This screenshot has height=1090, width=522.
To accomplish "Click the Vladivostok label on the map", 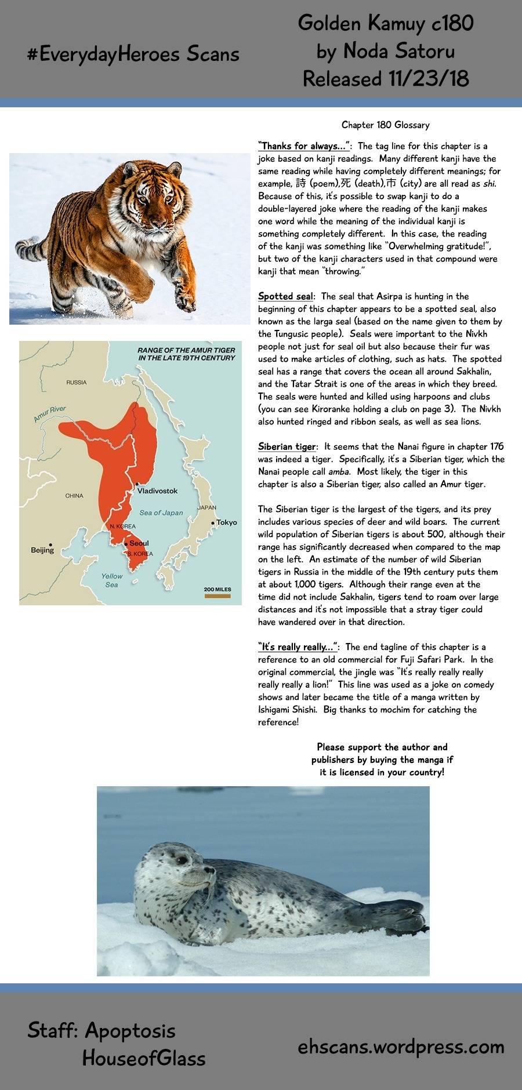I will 157,490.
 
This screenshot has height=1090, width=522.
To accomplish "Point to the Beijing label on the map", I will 42,550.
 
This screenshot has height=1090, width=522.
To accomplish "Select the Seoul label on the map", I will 139,543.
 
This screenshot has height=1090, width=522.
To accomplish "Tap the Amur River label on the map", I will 50,413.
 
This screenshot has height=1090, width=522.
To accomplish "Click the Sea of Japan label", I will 161,513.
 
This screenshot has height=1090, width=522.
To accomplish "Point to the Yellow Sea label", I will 112,580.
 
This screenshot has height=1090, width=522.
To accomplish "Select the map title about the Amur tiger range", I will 186,354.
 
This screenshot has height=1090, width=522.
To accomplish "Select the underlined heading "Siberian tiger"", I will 287,446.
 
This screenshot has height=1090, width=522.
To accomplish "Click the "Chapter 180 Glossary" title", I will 385,125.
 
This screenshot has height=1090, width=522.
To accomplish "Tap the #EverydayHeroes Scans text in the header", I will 133,54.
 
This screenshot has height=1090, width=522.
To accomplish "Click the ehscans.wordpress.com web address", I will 401,1047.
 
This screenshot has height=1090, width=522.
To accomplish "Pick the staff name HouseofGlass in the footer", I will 144,1058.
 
